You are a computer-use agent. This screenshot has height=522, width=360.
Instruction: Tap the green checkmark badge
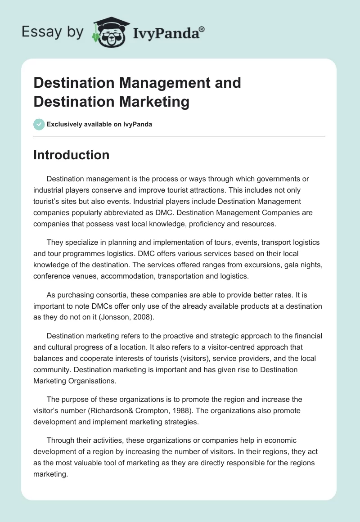tap(39, 124)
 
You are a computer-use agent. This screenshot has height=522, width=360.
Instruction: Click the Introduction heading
tap(72, 155)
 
